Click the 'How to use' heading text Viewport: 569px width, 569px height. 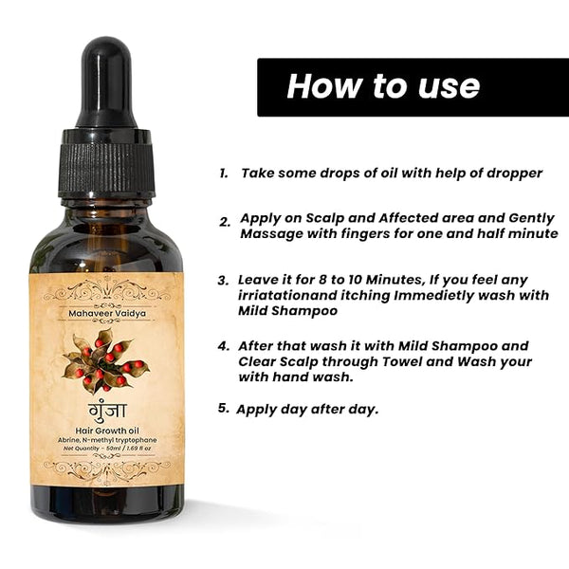point(383,86)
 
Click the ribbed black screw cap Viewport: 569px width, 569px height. point(106,163)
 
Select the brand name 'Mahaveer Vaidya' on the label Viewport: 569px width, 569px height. point(107,313)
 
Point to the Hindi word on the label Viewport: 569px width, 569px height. point(107,411)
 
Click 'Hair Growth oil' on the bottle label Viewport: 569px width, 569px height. point(107,431)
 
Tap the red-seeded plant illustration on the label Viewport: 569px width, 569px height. point(105,360)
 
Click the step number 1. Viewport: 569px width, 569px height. point(224,174)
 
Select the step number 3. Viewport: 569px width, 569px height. point(224,281)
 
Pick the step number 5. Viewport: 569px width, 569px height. point(224,408)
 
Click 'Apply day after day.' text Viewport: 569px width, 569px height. point(307,410)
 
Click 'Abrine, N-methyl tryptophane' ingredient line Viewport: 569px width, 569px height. point(107,440)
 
